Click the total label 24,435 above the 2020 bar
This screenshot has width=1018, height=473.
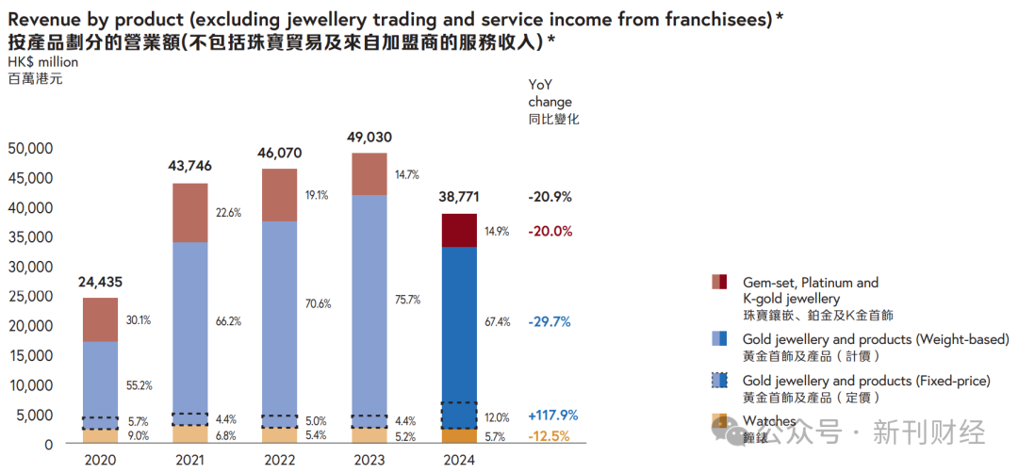click(x=99, y=281)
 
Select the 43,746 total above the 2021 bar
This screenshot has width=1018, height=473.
click(x=190, y=166)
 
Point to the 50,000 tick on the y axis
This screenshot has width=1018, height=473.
click(x=30, y=149)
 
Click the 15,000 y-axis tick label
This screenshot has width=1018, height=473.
click(x=30, y=355)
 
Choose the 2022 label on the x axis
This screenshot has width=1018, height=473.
click(x=280, y=461)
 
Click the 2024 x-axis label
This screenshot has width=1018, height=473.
click(x=459, y=461)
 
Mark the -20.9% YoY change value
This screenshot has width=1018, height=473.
click(x=550, y=197)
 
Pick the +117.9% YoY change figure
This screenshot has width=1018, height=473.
click(x=553, y=416)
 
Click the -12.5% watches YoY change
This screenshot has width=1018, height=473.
click(x=550, y=436)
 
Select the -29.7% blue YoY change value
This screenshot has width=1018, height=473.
click(x=550, y=321)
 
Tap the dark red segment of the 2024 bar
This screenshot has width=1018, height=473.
click(x=459, y=230)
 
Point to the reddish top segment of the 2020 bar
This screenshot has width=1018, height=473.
click(x=100, y=319)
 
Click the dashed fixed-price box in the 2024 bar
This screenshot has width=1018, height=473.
click(x=459, y=416)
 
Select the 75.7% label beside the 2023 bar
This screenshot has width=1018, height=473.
click(x=408, y=300)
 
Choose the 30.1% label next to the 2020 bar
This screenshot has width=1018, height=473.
click(x=138, y=320)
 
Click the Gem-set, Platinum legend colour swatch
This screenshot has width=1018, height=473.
click(x=719, y=282)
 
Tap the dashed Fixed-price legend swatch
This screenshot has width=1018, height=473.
click(x=719, y=381)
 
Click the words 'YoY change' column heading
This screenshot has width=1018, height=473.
click(x=550, y=93)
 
